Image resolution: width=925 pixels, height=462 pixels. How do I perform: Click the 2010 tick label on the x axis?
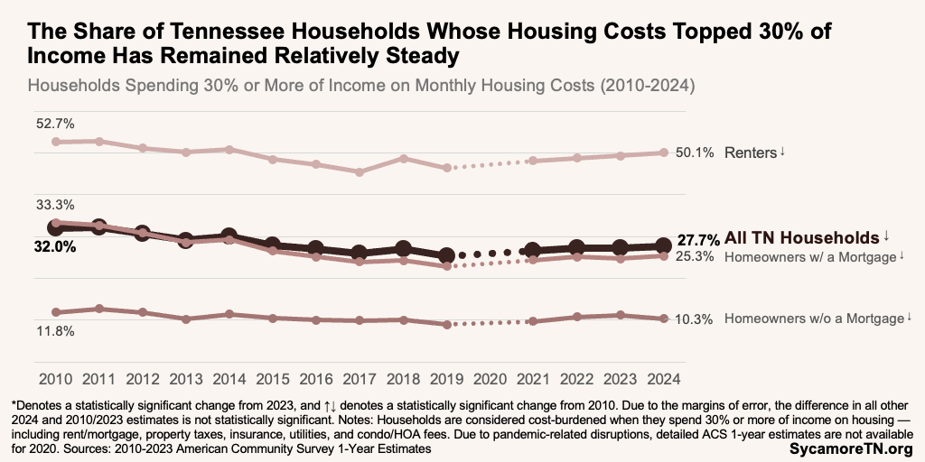pos(55,379)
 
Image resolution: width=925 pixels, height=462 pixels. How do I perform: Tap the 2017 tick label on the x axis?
pos(360,379)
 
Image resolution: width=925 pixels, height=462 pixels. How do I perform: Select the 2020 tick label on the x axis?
pos(490,379)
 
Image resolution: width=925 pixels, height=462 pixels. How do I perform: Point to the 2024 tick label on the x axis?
pos(663,379)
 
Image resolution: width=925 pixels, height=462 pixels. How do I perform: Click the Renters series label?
pos(750,152)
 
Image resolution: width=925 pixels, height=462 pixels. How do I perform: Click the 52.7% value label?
pos(55,123)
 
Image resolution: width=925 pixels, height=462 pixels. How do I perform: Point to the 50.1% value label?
pos(695,152)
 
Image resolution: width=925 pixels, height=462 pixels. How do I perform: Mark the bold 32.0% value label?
pos(55,245)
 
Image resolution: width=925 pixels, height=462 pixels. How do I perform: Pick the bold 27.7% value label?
pos(698,240)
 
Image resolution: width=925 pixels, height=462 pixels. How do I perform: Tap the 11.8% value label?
pos(55,331)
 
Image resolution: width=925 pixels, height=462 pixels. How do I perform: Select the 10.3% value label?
pos(695,319)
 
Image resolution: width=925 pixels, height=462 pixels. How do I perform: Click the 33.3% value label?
pos(55,205)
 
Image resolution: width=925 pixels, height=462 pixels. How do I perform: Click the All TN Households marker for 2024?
pos(663,245)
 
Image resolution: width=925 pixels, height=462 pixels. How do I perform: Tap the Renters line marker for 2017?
pos(360,171)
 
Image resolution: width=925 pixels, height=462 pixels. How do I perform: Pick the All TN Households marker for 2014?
pos(229,236)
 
